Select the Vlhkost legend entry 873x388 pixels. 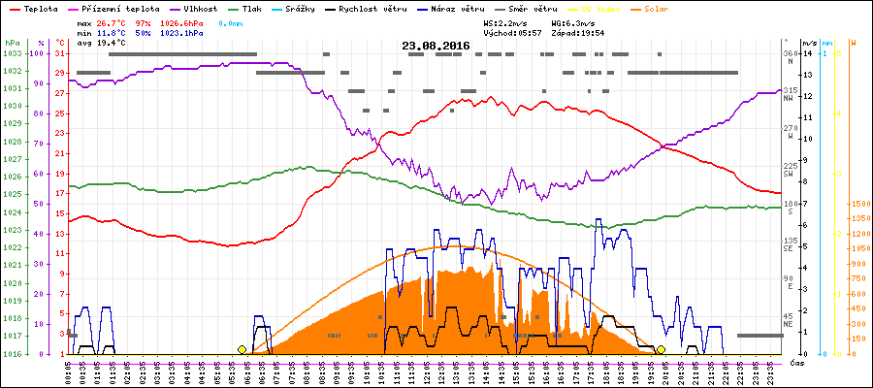pyautogui.click(x=199, y=8)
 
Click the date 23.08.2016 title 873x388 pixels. pyautogui.click(x=436, y=46)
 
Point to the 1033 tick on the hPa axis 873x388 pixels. pyautogui.click(x=12, y=53)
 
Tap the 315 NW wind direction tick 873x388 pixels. pyautogui.click(x=790, y=91)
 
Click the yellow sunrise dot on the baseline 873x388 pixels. pyautogui.click(x=242, y=349)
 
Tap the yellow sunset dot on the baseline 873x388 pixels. pyautogui.click(x=661, y=349)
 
